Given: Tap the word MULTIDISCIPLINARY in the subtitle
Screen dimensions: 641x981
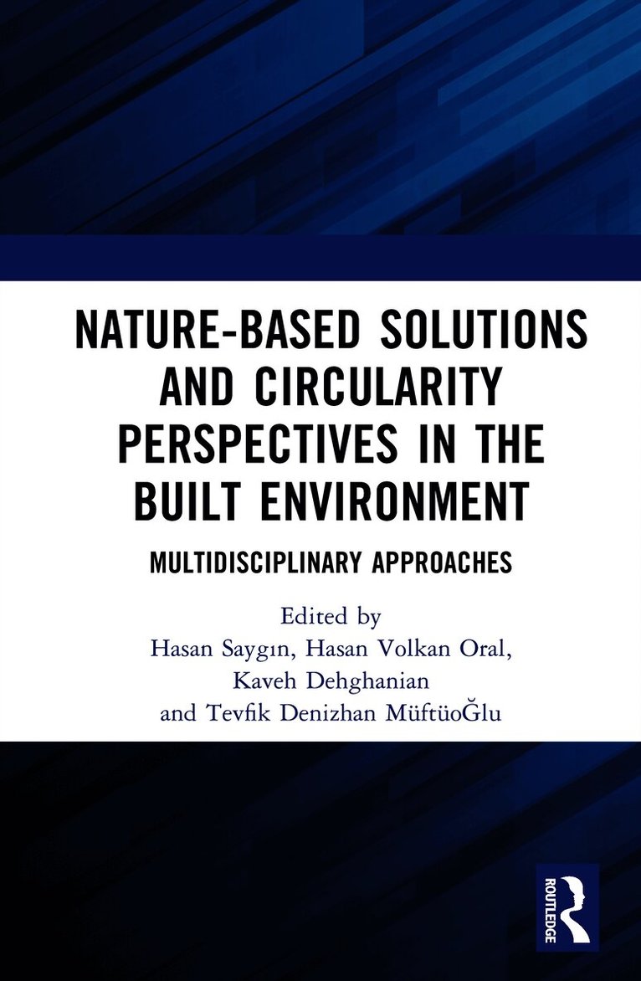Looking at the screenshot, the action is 252,562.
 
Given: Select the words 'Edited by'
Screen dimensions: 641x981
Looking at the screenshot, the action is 331,618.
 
